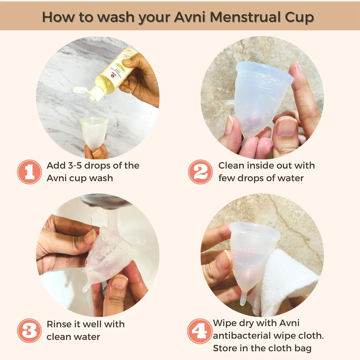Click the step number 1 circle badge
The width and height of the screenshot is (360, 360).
[29, 172]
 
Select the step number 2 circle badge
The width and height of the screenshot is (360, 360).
[200, 172]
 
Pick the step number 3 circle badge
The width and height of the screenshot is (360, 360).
[29, 331]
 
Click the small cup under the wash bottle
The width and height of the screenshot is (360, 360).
[94, 132]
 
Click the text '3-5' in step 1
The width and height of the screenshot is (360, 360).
[75, 166]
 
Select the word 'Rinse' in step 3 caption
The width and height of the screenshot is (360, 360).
[59, 324]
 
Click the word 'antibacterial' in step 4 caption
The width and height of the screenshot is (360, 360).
[254, 336]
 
